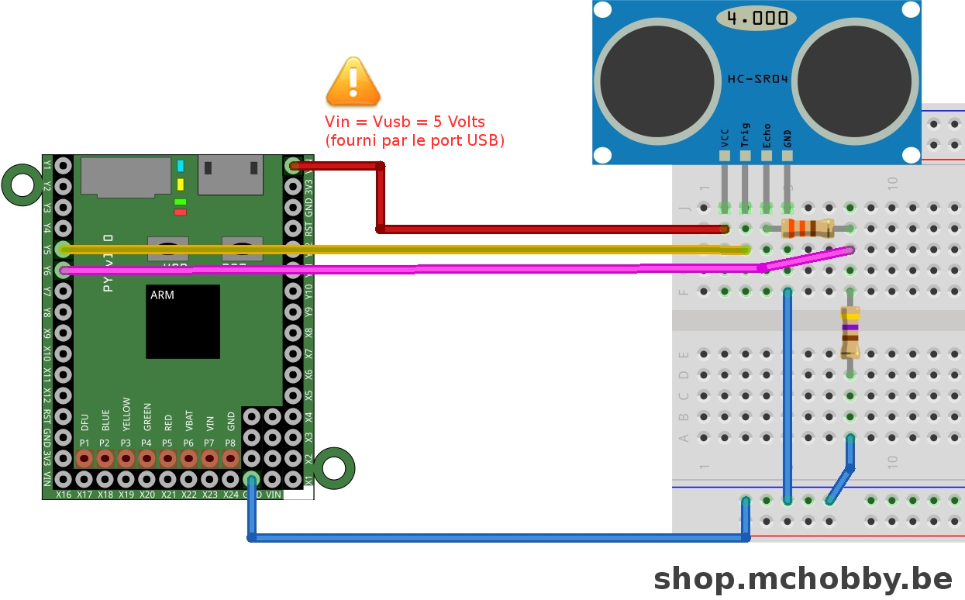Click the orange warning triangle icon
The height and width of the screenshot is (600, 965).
coord(353,82)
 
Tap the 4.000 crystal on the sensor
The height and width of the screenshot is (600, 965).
coord(756,18)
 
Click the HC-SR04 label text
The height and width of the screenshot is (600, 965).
coord(756,78)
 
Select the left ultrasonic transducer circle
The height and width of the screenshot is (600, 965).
coord(657,84)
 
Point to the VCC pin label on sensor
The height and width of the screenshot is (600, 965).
coord(725,137)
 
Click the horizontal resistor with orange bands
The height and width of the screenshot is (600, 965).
coord(808,228)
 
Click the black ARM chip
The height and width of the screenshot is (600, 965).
coord(183,322)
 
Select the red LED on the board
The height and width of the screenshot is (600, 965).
coord(181,212)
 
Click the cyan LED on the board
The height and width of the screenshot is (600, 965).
coord(181,166)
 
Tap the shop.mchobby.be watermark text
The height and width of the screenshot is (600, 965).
coord(803,578)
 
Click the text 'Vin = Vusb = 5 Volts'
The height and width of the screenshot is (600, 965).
coord(405,122)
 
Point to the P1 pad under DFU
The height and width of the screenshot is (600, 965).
coord(84,459)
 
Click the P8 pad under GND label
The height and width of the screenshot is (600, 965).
coord(230,459)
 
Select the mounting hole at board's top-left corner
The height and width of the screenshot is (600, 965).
coord(22,185)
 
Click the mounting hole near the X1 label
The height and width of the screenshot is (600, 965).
coord(334,467)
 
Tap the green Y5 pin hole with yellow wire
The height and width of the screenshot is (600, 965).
coord(64,250)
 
